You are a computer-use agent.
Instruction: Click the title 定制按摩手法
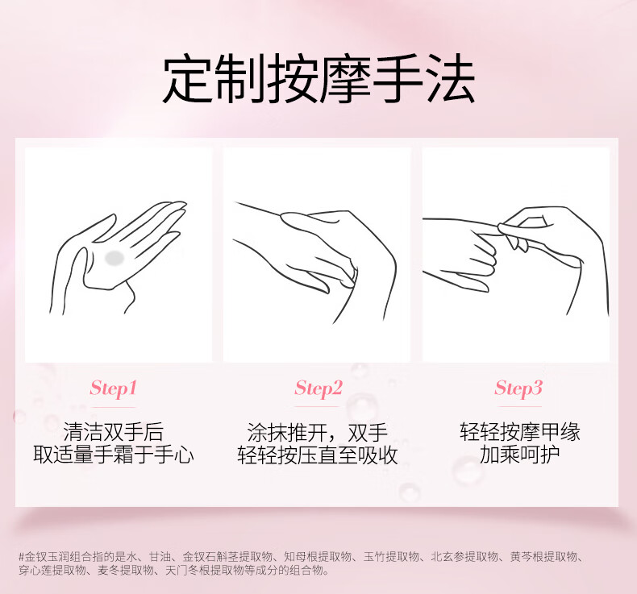[318, 78]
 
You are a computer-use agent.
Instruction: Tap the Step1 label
[113, 388]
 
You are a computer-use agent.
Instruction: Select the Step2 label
[318, 388]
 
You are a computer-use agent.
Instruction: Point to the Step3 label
[518, 388]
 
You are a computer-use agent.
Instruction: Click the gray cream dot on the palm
[114, 257]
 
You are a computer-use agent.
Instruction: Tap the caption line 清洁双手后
[114, 431]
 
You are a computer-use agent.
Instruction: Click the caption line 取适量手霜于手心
[114, 455]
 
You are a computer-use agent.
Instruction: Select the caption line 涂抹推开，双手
[317, 431]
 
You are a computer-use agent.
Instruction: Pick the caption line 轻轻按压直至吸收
[317, 455]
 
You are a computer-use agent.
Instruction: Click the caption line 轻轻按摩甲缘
[519, 431]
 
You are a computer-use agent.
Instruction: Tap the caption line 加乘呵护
[519, 455]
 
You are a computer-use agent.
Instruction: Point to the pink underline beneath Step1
[113, 406]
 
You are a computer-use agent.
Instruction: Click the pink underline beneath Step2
[316, 406]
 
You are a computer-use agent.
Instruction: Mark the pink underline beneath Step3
[519, 406]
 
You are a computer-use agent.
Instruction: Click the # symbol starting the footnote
[22, 556]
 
